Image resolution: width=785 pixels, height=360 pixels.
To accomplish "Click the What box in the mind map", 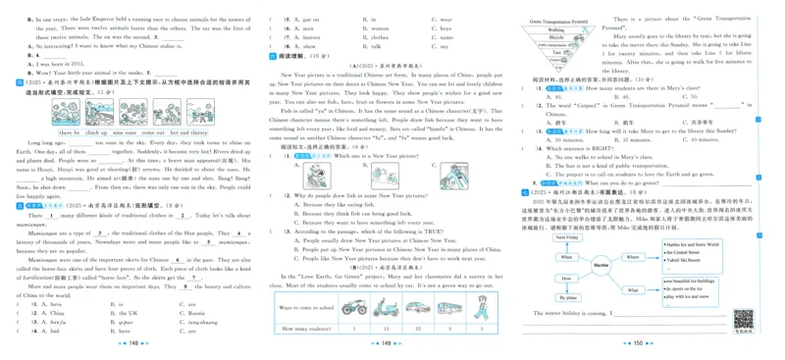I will (x=659, y=290).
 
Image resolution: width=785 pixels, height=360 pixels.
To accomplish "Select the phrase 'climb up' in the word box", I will (x=96, y=132).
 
